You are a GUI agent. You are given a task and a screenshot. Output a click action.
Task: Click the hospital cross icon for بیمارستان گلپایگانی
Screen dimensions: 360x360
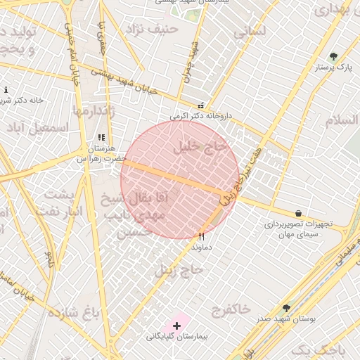[x=176, y=326]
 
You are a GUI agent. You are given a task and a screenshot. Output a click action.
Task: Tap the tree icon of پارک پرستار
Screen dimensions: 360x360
[x=333, y=57]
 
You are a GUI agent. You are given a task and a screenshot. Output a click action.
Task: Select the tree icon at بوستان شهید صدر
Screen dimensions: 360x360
[x=286, y=308]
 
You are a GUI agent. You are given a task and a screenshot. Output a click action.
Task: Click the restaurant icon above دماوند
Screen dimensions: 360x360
[x=202, y=237]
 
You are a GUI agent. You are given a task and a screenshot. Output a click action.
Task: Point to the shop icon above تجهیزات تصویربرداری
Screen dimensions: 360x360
[x=299, y=213]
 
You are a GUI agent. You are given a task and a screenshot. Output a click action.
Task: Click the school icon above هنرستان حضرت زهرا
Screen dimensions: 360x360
[x=101, y=138]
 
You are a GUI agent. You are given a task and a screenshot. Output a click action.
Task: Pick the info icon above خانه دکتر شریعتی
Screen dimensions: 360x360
[x=6, y=90]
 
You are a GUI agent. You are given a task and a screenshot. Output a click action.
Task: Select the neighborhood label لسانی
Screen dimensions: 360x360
[x=252, y=32]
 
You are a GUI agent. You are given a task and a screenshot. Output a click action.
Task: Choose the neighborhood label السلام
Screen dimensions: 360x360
[x=342, y=120]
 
